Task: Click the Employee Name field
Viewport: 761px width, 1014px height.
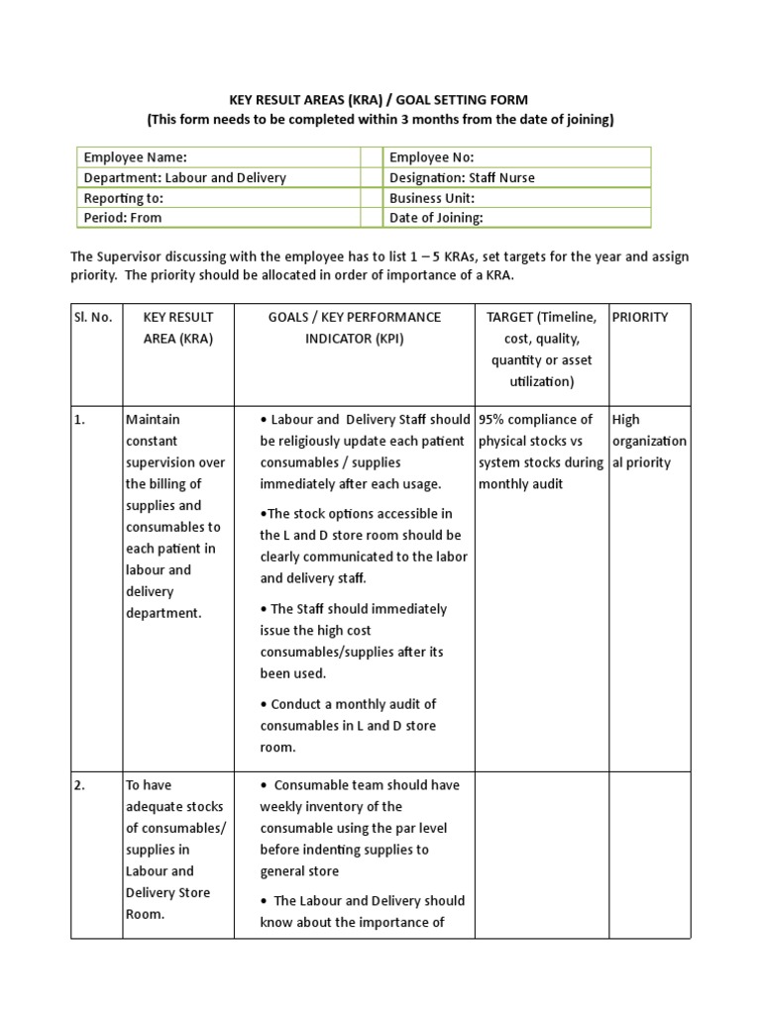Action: (x=218, y=157)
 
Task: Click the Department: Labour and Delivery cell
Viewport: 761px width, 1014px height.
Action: (x=218, y=178)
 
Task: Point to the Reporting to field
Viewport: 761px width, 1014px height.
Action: (x=218, y=198)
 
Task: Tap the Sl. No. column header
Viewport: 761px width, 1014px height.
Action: (x=94, y=317)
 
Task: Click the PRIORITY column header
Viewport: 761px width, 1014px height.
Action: (x=640, y=317)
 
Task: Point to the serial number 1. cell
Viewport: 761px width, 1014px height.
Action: (x=80, y=420)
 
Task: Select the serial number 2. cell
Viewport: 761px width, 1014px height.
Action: (x=80, y=785)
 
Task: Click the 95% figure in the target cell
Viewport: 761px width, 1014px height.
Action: (x=495, y=420)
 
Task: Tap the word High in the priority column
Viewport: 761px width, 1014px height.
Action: (x=626, y=420)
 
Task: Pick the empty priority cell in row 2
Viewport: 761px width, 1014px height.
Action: (x=648, y=852)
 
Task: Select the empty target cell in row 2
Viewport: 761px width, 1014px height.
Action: (x=540, y=852)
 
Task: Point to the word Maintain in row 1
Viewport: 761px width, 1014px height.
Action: (x=153, y=420)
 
